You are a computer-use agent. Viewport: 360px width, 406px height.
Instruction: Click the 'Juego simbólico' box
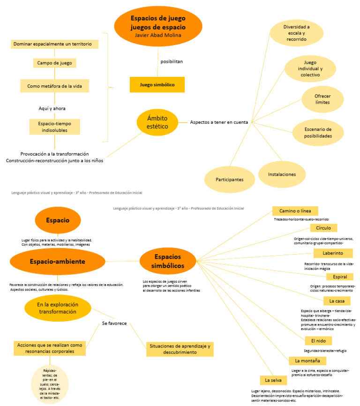tap(157, 85)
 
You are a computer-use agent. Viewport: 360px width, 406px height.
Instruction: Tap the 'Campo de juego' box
tap(55, 63)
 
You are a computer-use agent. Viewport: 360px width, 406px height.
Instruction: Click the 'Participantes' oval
tap(229, 180)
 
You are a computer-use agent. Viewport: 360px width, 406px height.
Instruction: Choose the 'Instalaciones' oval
tap(282, 174)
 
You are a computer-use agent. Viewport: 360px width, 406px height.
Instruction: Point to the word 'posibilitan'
tap(172, 61)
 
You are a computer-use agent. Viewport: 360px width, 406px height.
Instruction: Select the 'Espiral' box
tap(336, 277)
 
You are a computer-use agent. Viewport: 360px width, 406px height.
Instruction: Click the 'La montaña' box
tap(307, 361)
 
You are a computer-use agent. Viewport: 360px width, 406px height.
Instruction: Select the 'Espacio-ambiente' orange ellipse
tap(57, 261)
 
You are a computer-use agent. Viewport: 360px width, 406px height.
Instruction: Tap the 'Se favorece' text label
tap(114, 323)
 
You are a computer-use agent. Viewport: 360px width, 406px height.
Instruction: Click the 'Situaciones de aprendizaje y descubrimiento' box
tap(180, 348)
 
